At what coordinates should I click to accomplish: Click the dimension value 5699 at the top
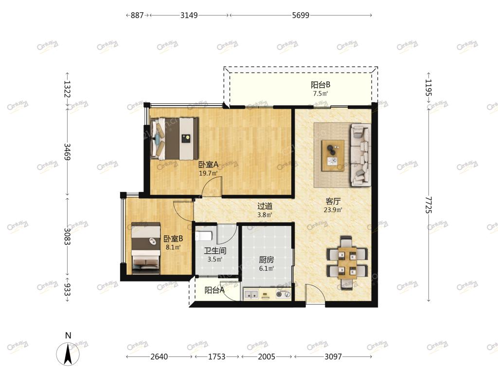pos(301,15)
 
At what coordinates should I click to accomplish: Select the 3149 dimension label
pos(189,15)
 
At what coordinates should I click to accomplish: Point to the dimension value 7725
pos(429,205)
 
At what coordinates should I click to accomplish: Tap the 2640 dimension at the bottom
pos(159,356)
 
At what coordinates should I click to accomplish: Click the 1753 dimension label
pos(216,356)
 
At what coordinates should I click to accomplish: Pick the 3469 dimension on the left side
pos(67,152)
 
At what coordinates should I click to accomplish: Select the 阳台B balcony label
pos(320,85)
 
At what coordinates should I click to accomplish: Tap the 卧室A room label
pos(208,165)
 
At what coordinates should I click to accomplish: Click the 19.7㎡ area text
pos(208,173)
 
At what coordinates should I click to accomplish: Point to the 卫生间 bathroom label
pos(215,251)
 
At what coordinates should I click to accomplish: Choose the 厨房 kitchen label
pos(266,260)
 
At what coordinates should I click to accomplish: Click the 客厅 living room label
pos(333,201)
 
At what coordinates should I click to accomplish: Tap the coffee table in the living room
pos(333,156)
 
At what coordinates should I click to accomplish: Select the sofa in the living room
pos(360,155)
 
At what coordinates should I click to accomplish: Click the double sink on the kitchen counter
pos(251,295)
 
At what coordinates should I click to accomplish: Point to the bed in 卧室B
pos(146,248)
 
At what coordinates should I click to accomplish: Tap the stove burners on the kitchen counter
pos(283,295)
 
